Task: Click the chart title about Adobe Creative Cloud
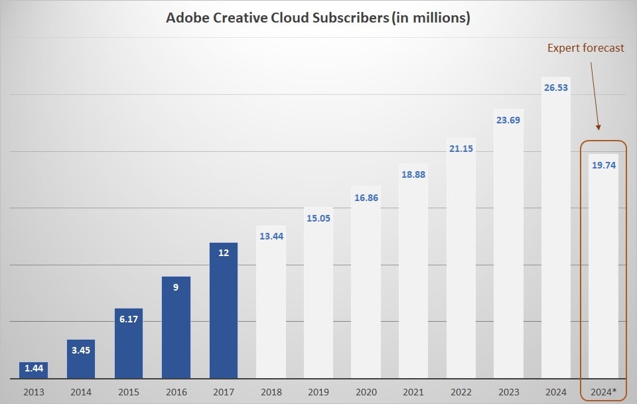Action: pos(318,18)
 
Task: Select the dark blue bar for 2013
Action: pos(33,371)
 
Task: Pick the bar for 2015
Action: pos(129,345)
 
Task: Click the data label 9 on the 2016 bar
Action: pos(176,287)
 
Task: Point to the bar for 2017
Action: pos(224,312)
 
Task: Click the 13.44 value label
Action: pos(271,236)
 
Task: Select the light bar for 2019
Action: pos(318,299)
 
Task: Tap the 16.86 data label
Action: pos(366,197)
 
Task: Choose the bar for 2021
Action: pos(413,279)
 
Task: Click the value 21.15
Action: pos(461,149)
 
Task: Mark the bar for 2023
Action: pos(508,252)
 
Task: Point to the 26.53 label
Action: pos(555,88)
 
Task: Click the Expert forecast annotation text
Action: pos(585,48)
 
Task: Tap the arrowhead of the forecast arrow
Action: pos(599,127)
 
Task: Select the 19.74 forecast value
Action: pos(604,165)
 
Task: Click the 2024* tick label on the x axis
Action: pos(604,392)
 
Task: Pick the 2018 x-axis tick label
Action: pos(271,392)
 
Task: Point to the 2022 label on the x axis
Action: pos(461,392)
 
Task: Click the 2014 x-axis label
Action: pos(81,392)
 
